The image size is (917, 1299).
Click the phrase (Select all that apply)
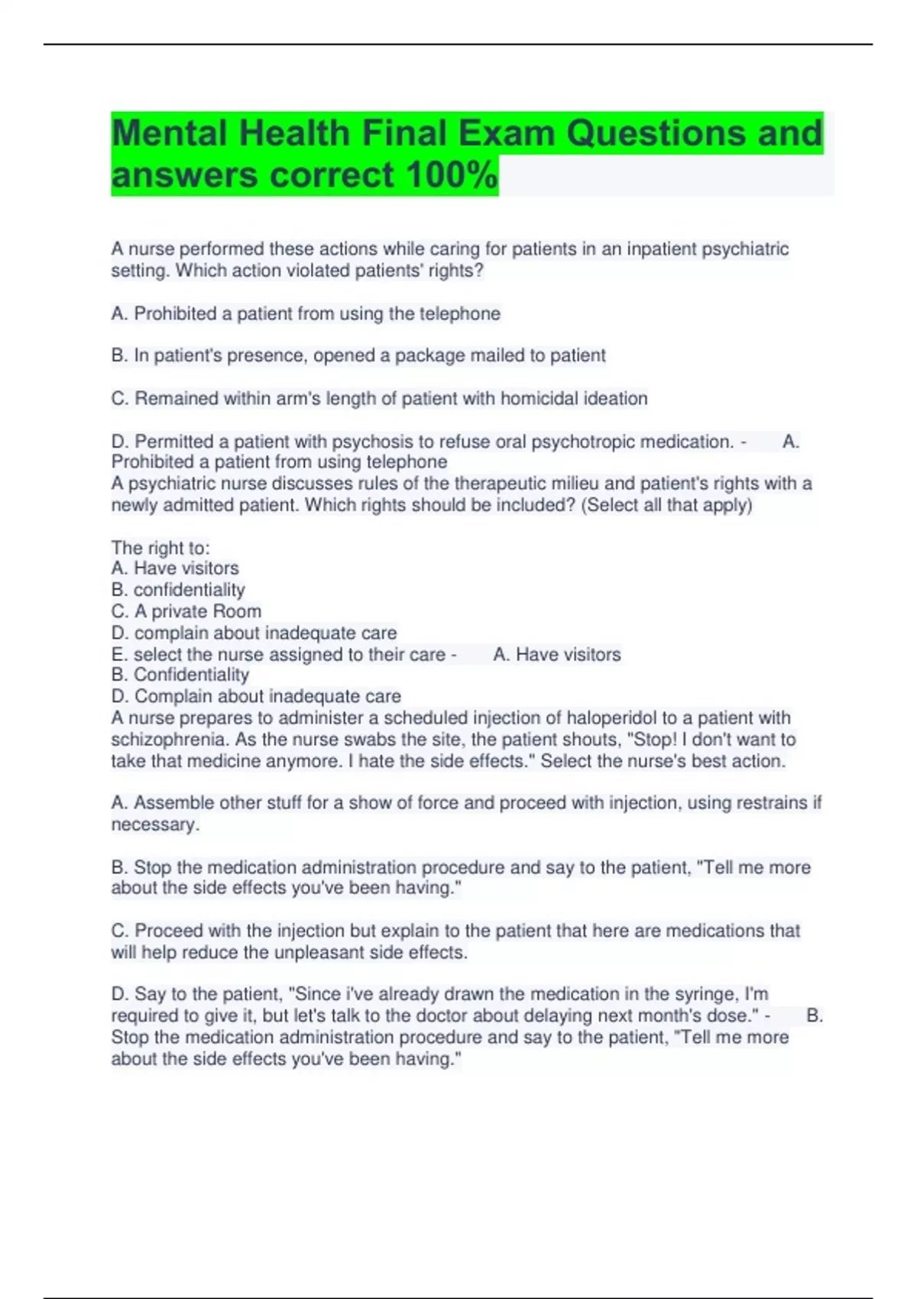[667, 505]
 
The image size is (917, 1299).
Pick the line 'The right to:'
[160, 548]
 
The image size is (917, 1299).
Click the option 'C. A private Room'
[186, 611]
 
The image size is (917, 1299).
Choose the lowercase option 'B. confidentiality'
[178, 590]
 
